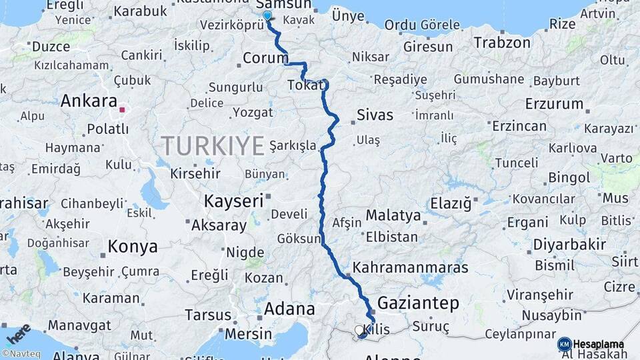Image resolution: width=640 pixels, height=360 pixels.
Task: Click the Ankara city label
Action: [89, 101]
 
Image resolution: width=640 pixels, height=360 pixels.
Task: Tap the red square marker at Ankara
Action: [122, 109]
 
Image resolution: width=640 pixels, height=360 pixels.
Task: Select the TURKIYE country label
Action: [213, 145]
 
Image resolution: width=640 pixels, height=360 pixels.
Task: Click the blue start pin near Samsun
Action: [267, 16]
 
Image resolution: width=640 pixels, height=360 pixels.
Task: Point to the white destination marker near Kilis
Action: [359, 330]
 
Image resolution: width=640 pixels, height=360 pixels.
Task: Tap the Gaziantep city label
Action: [418, 303]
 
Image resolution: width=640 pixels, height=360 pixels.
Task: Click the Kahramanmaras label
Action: [410, 267]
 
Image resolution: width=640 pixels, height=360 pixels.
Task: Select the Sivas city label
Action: [375, 115]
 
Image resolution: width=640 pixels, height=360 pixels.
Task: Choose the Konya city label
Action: [133, 247]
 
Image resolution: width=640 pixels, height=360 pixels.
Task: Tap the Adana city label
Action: [289, 309]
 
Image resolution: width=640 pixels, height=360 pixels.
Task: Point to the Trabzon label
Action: [502, 43]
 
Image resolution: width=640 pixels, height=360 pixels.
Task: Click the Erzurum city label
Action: [554, 104]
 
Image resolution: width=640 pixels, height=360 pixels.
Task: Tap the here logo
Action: [17, 333]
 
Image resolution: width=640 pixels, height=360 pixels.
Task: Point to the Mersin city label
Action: [249, 333]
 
